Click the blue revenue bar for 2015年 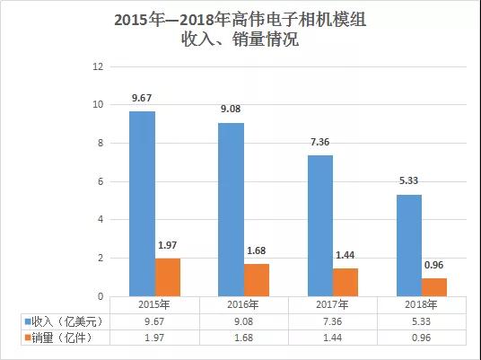click(x=142, y=204)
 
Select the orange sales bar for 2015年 click(x=168, y=277)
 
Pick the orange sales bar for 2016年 click(x=257, y=280)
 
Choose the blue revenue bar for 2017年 click(x=320, y=225)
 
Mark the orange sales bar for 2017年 click(x=345, y=282)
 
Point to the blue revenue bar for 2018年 click(x=408, y=245)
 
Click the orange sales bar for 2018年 click(x=434, y=287)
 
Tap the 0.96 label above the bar click(x=434, y=267)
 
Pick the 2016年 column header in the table click(x=244, y=305)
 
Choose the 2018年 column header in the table click(x=421, y=305)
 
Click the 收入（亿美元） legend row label click(x=63, y=320)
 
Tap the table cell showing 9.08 click(x=244, y=320)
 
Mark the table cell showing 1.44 click(x=333, y=337)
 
